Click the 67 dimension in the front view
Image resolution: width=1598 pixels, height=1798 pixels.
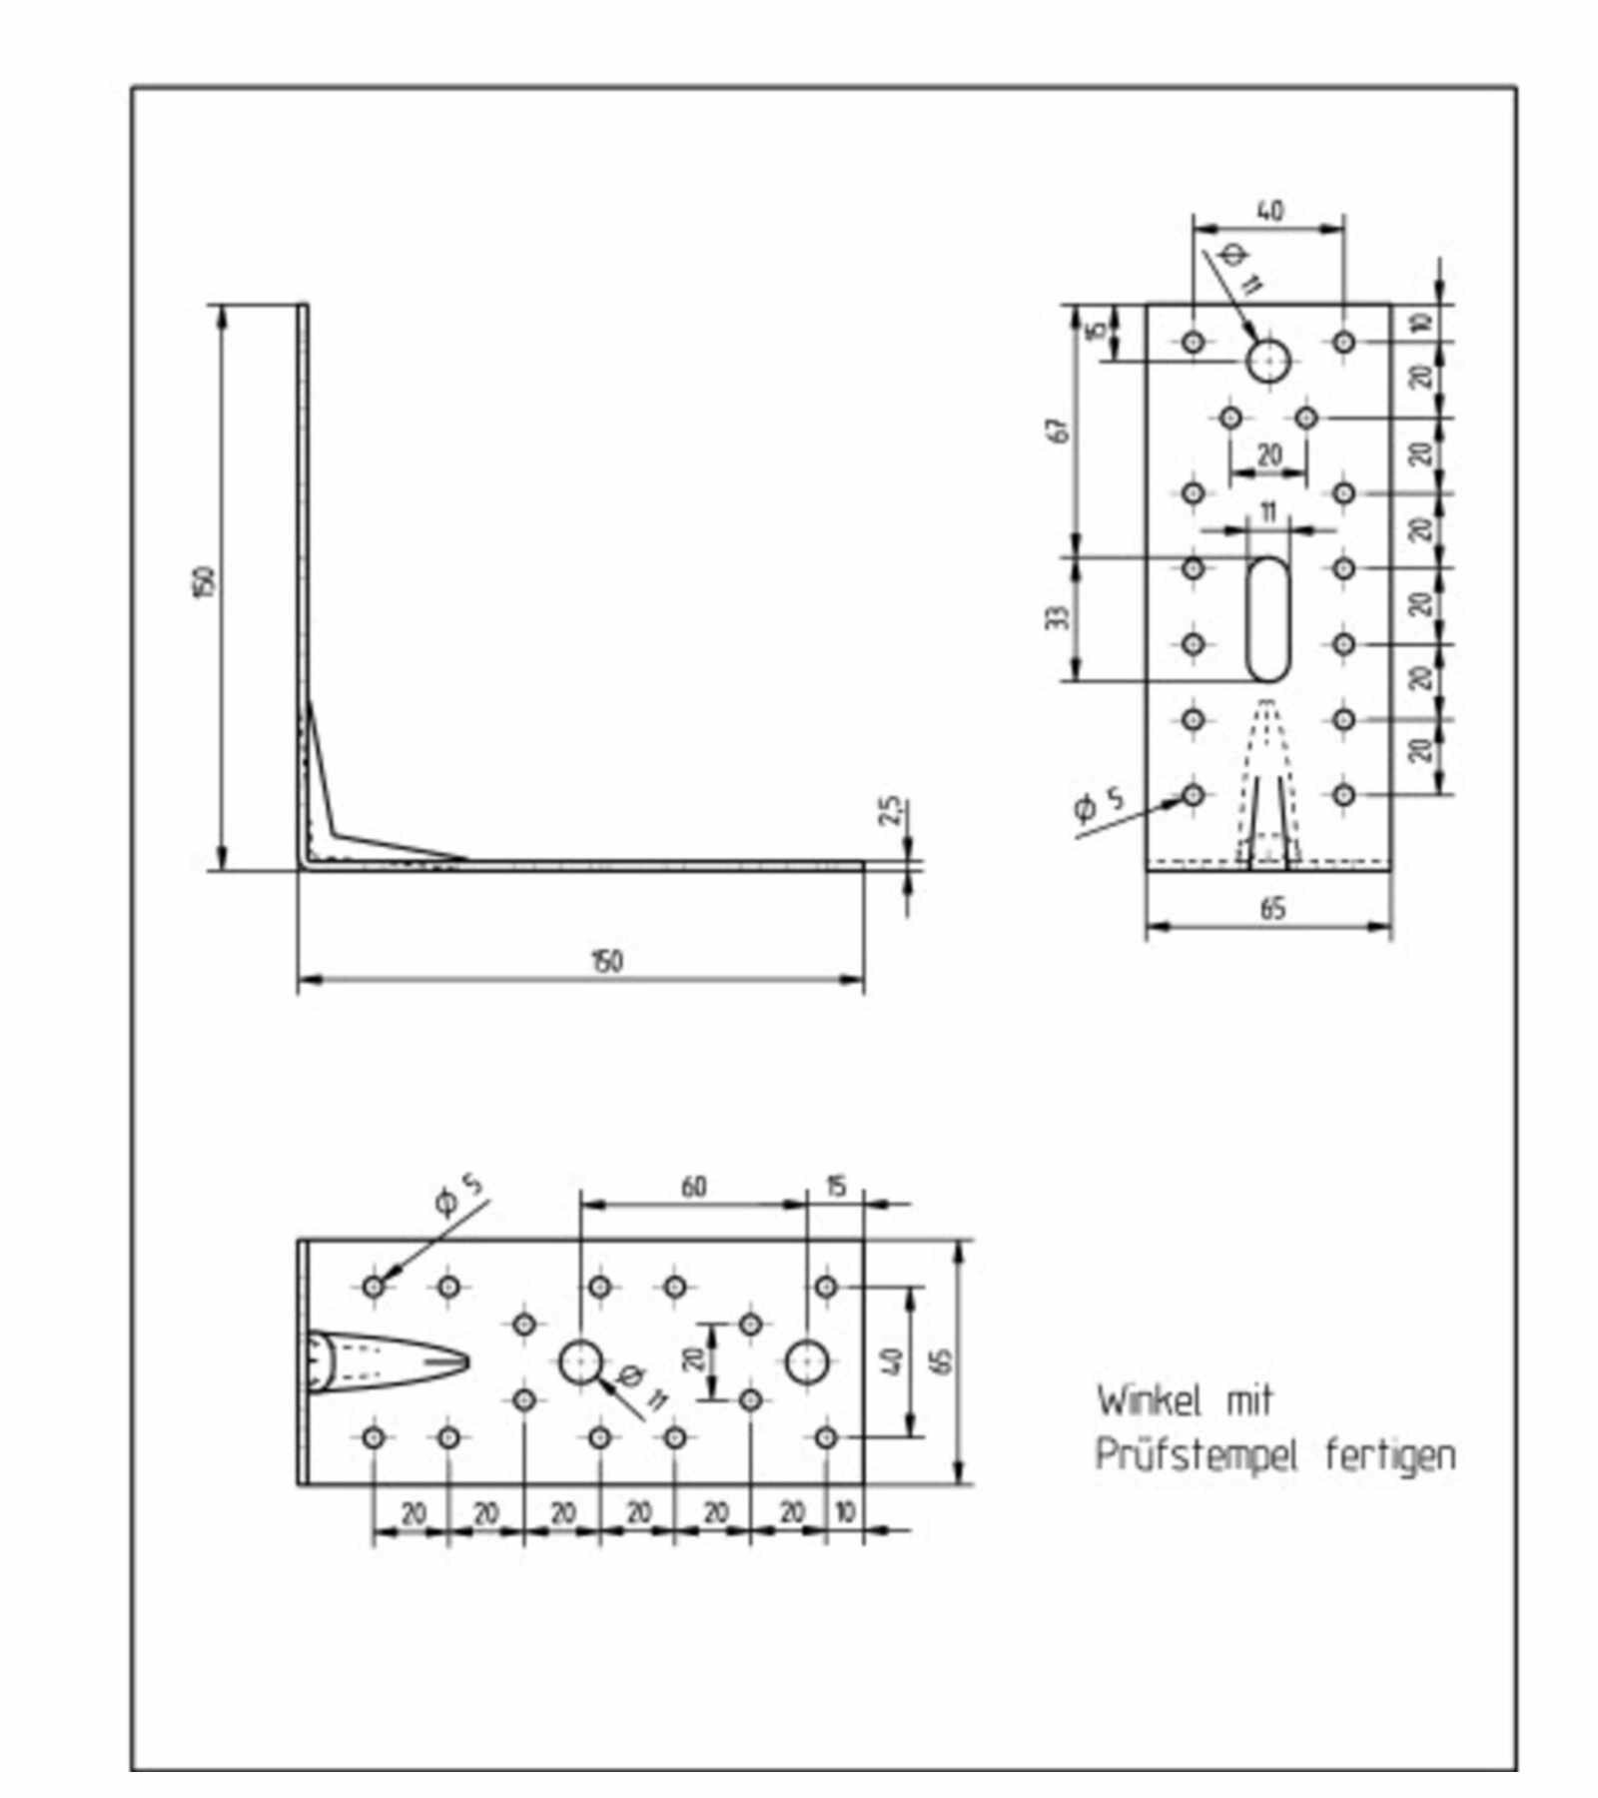[1061, 430]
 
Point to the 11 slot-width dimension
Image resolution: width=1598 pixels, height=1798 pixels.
[1267, 512]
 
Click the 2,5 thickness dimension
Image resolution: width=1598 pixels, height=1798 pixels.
[890, 810]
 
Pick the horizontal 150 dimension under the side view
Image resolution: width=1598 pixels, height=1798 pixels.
[607, 961]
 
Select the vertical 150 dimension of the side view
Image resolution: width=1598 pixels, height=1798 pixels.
[204, 582]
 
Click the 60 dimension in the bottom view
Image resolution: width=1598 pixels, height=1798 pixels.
[693, 1187]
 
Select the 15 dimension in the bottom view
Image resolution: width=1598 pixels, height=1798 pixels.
[836, 1186]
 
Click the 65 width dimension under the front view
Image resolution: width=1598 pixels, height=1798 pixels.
[1272, 909]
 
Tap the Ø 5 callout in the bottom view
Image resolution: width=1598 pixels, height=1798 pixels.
[458, 1195]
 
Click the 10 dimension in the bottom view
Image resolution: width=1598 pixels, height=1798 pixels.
[844, 1512]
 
